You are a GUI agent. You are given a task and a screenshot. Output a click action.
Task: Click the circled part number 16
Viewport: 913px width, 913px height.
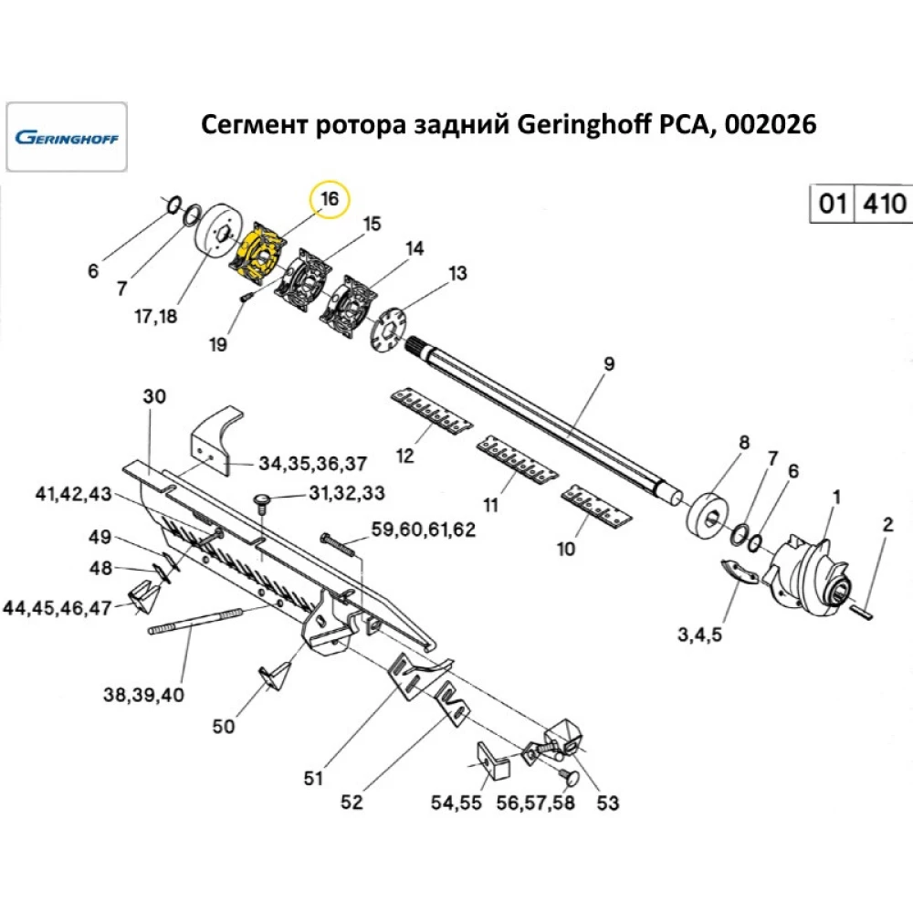pyautogui.click(x=330, y=198)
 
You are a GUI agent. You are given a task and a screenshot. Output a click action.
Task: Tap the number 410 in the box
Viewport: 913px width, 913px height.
pyautogui.click(x=881, y=203)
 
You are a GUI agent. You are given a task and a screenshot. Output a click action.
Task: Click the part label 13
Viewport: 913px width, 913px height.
pyautogui.click(x=456, y=273)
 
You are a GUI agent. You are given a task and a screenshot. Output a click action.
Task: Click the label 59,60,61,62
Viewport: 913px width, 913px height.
pyautogui.click(x=424, y=529)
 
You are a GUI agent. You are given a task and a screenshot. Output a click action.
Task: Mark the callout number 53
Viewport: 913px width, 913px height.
pyautogui.click(x=607, y=803)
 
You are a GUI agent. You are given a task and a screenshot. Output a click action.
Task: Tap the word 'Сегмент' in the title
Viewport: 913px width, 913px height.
pyautogui.click(x=252, y=125)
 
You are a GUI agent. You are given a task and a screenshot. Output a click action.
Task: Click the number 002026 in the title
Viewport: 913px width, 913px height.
pyautogui.click(x=771, y=125)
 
